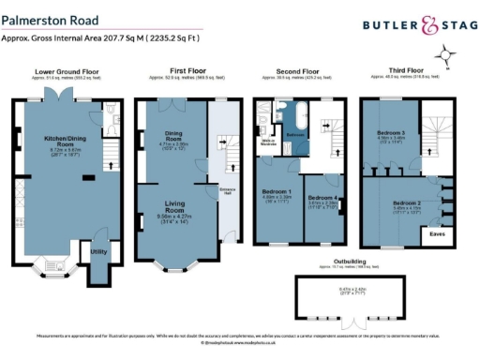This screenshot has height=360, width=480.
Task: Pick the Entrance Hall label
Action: coord(225,193)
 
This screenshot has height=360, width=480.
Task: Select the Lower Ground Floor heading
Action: coord(66,70)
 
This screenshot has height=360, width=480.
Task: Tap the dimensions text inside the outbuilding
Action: coord(352,292)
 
